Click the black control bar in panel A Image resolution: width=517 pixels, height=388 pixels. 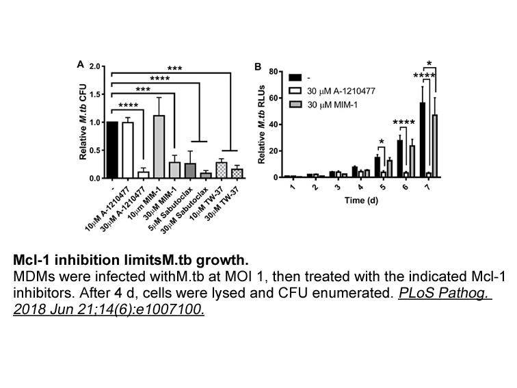[x=112, y=150]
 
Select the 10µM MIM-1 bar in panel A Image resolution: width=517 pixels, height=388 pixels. [x=159, y=147]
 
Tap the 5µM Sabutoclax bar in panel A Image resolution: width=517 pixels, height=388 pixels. [x=190, y=170]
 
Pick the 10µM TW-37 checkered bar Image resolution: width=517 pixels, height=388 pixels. [x=222, y=170]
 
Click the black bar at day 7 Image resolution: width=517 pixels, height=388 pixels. [x=423, y=140]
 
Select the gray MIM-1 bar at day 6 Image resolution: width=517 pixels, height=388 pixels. [x=412, y=161]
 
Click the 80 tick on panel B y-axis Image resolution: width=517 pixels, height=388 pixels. [x=274, y=72]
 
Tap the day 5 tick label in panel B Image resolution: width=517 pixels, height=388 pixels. [x=382, y=187]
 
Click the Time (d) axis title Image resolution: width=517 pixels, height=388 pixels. [x=361, y=201]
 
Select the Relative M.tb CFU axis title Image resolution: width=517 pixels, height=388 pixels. [x=83, y=122]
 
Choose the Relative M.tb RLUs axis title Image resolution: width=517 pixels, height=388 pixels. [x=261, y=125]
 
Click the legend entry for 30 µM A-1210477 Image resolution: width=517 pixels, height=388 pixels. [x=332, y=91]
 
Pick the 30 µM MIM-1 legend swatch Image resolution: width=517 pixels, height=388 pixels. [x=295, y=105]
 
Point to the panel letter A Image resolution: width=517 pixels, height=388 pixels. [x=81, y=64]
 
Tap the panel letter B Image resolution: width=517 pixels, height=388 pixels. [x=258, y=66]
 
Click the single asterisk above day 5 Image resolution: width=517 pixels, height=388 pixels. [x=382, y=142]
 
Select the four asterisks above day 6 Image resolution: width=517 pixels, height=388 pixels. [x=404, y=122]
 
